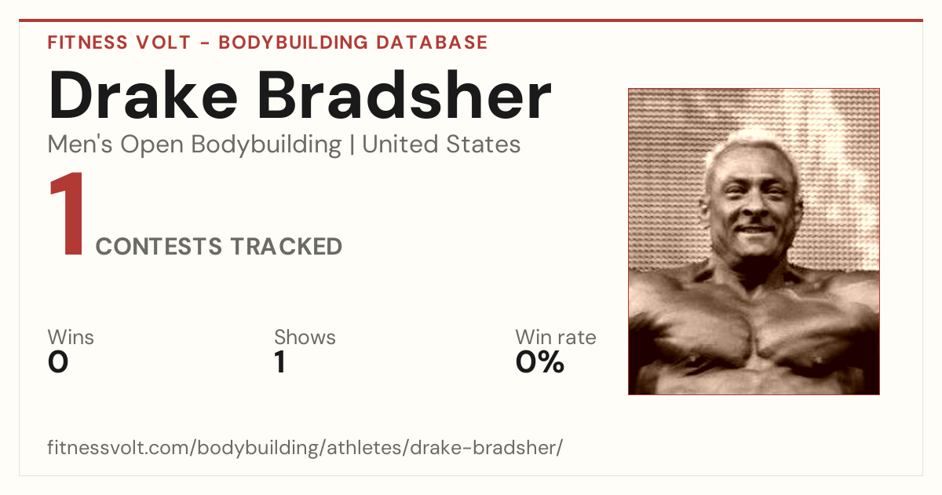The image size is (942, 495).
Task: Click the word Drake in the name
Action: coord(143,95)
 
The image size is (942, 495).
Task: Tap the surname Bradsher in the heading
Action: coord(404,95)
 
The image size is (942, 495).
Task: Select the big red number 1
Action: coord(68,214)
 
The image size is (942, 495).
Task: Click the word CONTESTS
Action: coord(159,246)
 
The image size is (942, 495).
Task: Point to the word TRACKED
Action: coord(287,246)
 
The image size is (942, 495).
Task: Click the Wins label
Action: coord(71,337)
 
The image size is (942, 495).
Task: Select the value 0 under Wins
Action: coord(58,362)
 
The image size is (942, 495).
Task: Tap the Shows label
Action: coord(305,337)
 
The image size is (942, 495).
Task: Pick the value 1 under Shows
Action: coord(280,362)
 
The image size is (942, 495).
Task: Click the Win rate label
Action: coord(556,337)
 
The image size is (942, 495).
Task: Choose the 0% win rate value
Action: coord(540,362)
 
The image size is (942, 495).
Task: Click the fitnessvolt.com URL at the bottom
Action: coord(305,447)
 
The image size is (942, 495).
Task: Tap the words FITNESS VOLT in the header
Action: coord(119,42)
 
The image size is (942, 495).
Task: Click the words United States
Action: coord(441,145)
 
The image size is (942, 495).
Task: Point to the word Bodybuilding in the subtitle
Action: coord(266,145)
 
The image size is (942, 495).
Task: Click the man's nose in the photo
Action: coord(753,206)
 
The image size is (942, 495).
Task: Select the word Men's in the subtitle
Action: coord(80,145)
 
